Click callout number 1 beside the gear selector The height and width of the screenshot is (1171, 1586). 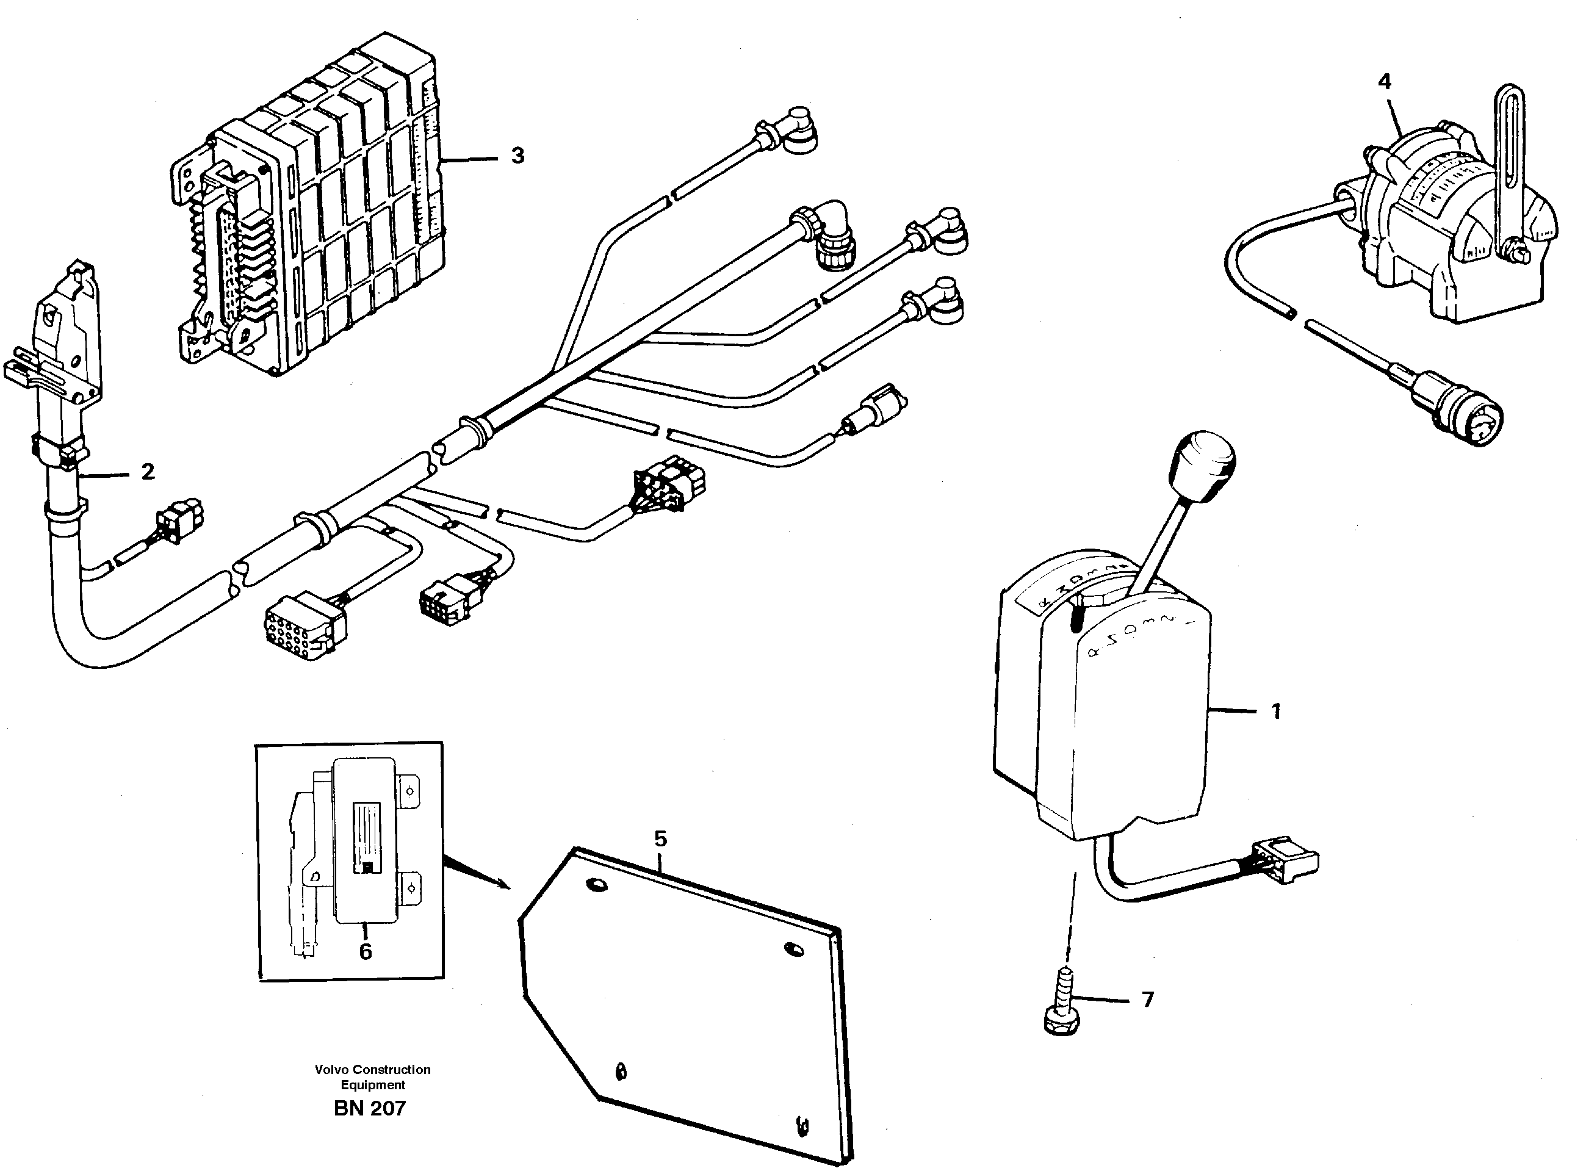pyautogui.click(x=1275, y=711)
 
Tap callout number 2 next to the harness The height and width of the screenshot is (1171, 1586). pyautogui.click(x=148, y=471)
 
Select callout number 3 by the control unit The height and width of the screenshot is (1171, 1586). pyautogui.click(x=517, y=155)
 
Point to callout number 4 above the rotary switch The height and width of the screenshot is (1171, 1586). pyautogui.click(x=1383, y=82)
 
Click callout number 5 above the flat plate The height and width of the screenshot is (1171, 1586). pyautogui.click(x=660, y=839)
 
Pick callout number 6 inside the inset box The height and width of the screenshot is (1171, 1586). pyautogui.click(x=365, y=952)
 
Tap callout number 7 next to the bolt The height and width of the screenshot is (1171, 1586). pyautogui.click(x=1147, y=1000)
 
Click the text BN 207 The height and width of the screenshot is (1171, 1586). pyautogui.click(x=369, y=1108)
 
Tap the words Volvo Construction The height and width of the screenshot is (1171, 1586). pyautogui.click(x=373, y=1070)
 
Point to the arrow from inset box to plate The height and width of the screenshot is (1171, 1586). pyautogui.click(x=475, y=873)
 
